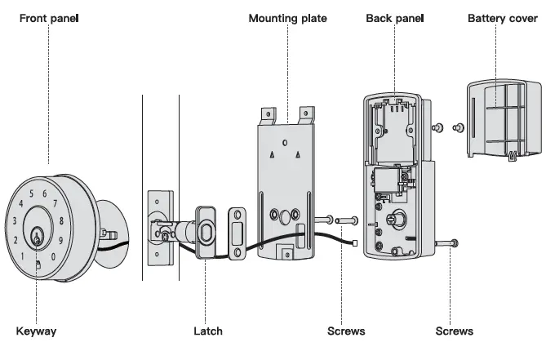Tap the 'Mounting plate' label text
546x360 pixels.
(x=287, y=18)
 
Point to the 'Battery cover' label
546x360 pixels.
(x=502, y=18)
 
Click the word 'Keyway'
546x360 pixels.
(x=37, y=331)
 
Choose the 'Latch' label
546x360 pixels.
(x=207, y=331)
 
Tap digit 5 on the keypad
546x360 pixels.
(x=32, y=194)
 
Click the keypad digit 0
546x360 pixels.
(x=54, y=256)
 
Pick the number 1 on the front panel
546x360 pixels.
(x=21, y=256)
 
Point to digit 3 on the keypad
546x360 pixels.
(x=14, y=220)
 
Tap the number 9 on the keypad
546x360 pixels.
(x=61, y=240)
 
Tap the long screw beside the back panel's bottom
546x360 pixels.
(x=447, y=242)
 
